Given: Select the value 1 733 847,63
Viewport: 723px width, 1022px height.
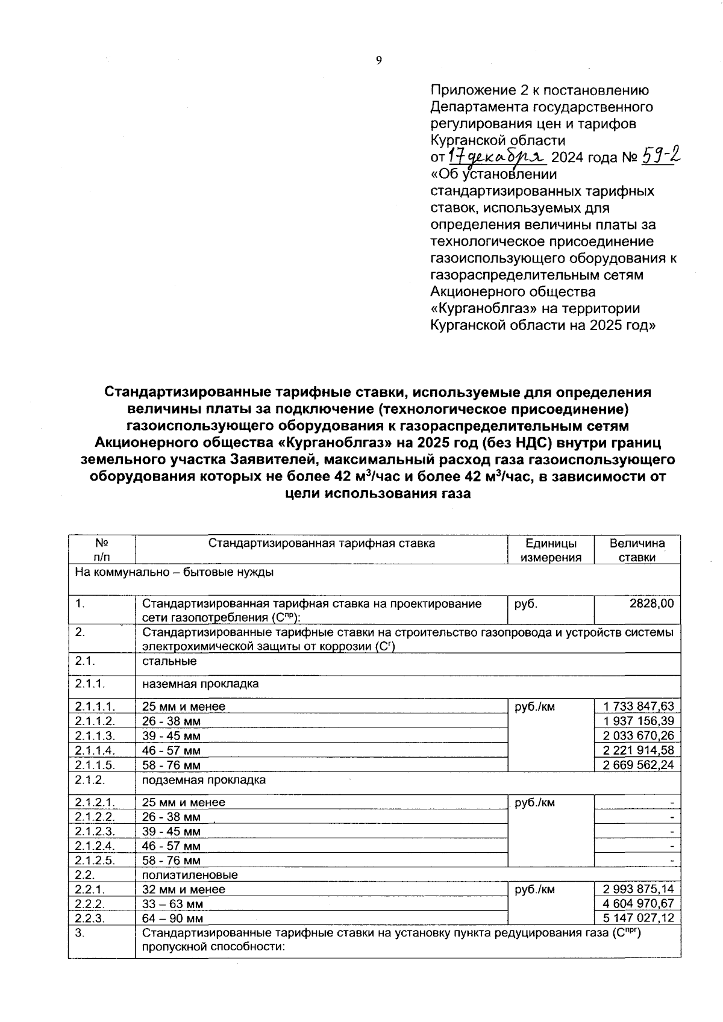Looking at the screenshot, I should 638,706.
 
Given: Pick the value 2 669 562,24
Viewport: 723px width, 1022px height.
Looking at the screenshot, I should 638,765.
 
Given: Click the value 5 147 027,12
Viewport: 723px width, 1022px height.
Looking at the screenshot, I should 638,918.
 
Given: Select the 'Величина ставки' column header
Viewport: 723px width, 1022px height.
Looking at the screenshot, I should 637,550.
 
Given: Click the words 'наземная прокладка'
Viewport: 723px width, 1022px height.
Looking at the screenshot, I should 201,684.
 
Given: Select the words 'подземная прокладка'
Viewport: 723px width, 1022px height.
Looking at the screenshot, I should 204,780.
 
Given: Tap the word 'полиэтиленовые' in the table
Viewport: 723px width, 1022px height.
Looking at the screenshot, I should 190,874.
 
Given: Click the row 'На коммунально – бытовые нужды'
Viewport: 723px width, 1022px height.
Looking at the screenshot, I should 174,572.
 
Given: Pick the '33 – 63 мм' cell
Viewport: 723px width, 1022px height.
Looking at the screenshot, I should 172,904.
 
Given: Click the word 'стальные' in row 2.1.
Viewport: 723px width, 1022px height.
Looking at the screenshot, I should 169,661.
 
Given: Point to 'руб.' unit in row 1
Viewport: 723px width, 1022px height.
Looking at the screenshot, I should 525,603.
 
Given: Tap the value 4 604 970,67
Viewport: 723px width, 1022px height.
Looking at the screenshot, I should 638,903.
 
